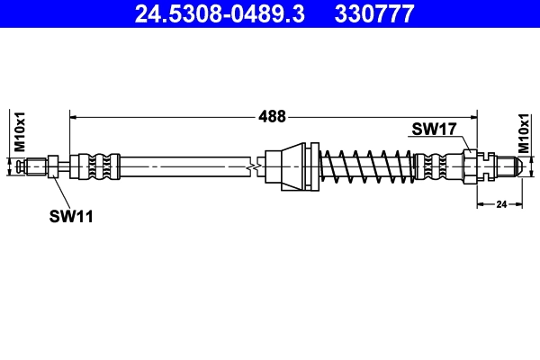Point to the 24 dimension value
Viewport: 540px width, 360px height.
[x=501, y=205]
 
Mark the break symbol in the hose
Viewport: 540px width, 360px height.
[x=256, y=166]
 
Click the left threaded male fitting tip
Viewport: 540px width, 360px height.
[x=34, y=166]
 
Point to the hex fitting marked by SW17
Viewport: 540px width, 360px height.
[x=471, y=166]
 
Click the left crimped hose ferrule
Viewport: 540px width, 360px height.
[x=97, y=166]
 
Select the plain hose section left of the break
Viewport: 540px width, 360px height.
[x=180, y=166]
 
